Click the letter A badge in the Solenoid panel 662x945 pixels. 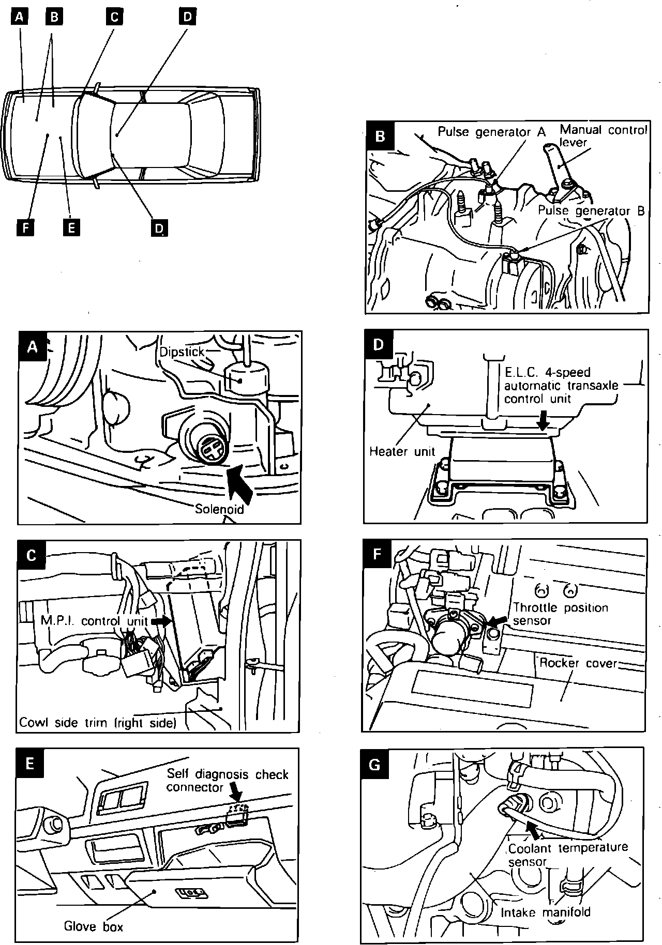(x=32, y=346)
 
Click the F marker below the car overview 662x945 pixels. (x=24, y=227)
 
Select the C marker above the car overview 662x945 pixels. (x=114, y=17)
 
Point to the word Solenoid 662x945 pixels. (x=219, y=509)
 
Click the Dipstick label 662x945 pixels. (x=182, y=352)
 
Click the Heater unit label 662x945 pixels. (x=402, y=451)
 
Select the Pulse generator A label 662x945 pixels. (x=491, y=132)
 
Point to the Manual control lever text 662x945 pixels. (x=603, y=135)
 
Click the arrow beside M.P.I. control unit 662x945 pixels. (x=162, y=621)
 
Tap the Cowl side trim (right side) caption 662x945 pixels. (x=98, y=722)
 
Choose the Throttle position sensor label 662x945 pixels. (x=560, y=614)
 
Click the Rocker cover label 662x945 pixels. (x=579, y=663)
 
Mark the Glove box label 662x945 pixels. (x=94, y=926)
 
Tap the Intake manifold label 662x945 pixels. (x=545, y=912)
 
